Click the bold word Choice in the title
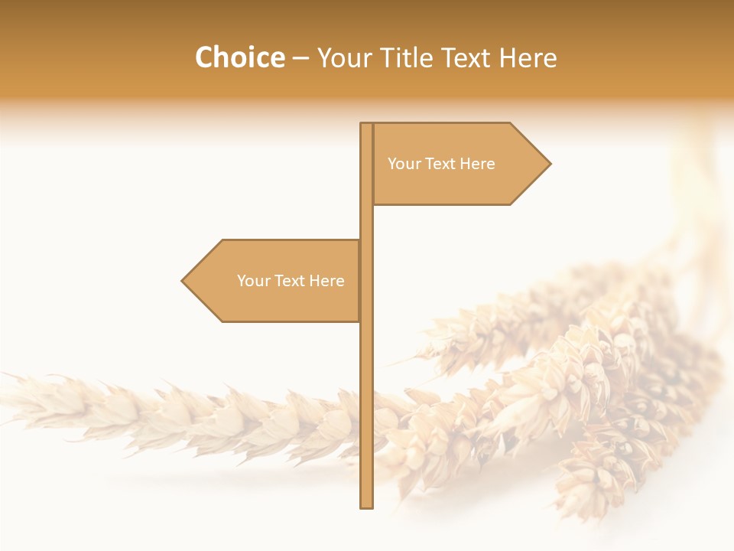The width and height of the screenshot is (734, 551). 239,58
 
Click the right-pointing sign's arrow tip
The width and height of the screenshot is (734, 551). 549,163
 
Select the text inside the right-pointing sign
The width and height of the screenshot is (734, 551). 441,164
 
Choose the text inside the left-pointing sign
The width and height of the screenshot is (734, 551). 291,281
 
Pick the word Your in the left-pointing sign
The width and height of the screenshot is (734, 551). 254,281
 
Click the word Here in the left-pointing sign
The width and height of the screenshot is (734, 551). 326,281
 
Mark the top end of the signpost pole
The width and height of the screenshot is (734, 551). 367,125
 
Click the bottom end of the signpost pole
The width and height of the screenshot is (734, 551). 367,506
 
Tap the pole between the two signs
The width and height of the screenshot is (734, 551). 367,222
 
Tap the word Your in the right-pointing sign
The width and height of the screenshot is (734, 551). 404,164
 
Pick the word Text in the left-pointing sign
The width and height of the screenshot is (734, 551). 290,281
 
